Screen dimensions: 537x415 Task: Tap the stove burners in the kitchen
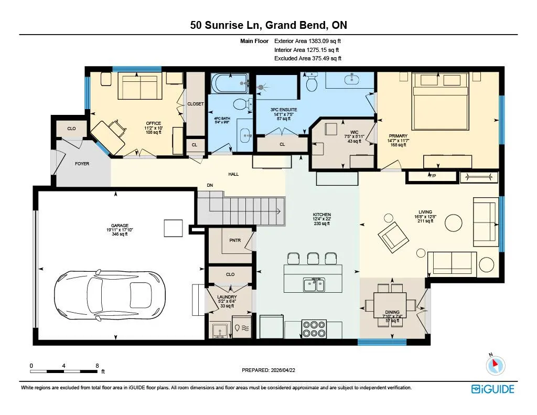point(314,328)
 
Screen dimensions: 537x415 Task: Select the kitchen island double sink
point(314,284)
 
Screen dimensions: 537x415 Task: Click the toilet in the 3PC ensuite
point(312,81)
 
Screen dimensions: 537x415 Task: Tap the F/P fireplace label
point(432,176)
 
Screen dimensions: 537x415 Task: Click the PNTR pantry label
point(235,240)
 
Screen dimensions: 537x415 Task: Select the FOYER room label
point(82,164)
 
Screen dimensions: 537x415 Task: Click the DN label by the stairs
point(210,185)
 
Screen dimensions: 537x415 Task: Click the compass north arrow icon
point(495,365)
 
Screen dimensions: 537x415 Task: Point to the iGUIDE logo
point(493,389)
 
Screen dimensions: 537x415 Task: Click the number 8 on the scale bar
point(97,366)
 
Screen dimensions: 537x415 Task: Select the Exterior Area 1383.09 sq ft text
point(307,41)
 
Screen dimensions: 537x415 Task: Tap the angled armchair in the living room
point(393,237)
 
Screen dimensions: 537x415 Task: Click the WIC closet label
point(354,132)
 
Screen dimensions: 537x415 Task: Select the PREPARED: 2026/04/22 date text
point(268,370)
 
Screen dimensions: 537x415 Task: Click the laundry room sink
point(219,331)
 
